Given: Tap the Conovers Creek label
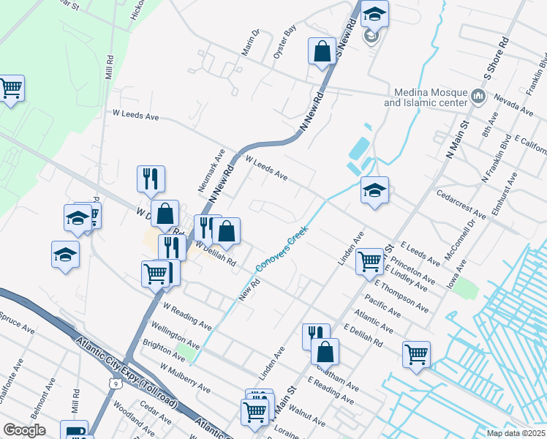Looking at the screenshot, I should click(x=282, y=247).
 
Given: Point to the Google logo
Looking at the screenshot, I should click(x=24, y=430).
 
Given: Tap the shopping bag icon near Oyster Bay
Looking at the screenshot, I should click(x=322, y=51).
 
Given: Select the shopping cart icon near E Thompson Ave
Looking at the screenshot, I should click(x=370, y=260).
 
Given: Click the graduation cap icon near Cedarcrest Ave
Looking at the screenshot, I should click(x=374, y=190).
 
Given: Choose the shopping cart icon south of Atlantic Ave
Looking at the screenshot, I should click(x=416, y=353).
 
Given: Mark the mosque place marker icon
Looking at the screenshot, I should click(x=478, y=96).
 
